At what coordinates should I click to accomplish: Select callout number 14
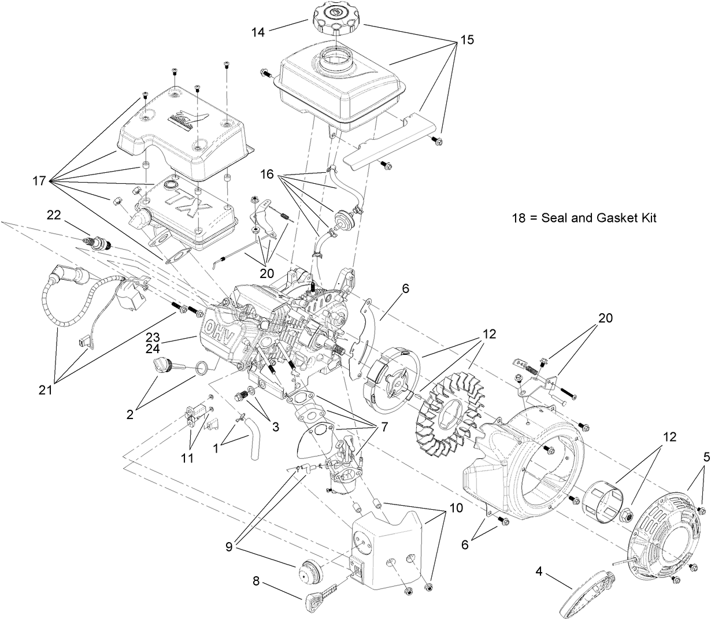coord(258,32)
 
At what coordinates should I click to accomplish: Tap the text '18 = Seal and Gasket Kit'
coord(584,218)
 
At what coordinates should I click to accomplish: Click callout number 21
coord(45,390)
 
